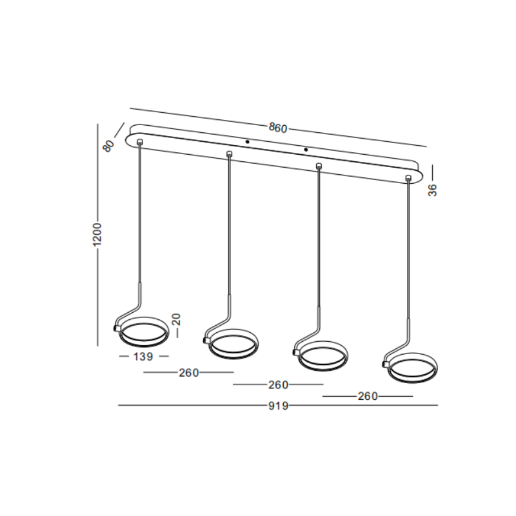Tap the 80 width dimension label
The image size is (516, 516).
click(108, 146)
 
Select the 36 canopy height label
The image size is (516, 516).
click(433, 190)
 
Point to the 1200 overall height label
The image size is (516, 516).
click(97, 236)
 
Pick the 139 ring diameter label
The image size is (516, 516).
click(143, 356)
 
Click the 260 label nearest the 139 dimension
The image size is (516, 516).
click(189, 372)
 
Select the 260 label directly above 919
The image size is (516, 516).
click(278, 385)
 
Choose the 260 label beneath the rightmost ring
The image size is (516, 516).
click(367, 397)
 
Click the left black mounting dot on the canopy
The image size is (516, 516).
click(247, 141)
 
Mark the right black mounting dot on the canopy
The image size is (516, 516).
click(306, 150)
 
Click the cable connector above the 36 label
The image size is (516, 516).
click(408, 178)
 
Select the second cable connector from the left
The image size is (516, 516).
click(229, 153)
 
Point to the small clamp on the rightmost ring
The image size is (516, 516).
click(385, 365)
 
